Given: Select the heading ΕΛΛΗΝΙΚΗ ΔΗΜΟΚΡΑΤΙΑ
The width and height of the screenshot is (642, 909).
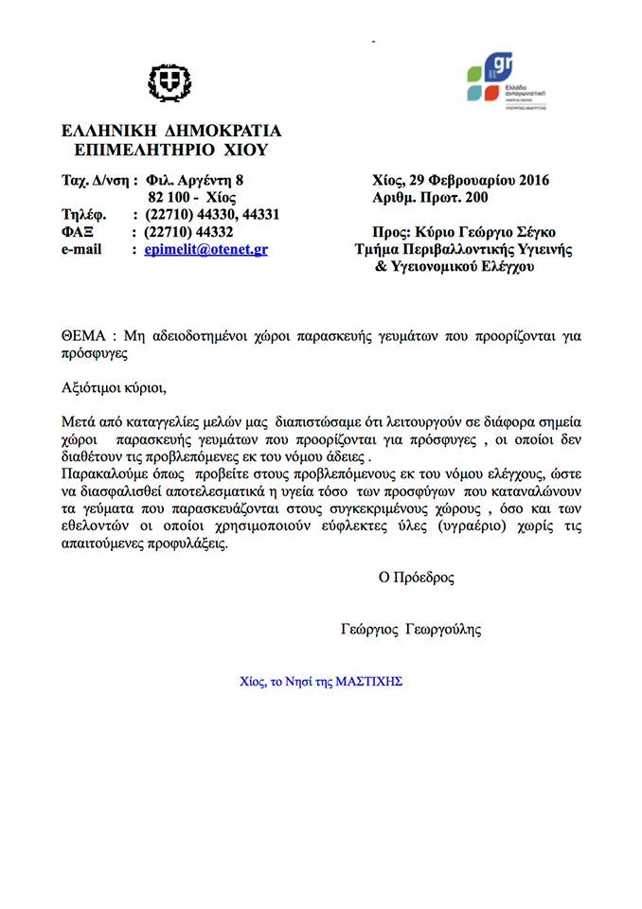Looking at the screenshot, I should tap(170, 132).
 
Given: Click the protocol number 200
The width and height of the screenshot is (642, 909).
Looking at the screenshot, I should tap(477, 198).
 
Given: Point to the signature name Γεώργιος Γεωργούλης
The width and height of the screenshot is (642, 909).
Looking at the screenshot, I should tap(416, 629).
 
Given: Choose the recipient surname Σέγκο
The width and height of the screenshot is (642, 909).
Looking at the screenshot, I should tap(534, 233).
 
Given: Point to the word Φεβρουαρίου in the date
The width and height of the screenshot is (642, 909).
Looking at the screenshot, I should tap(470, 180).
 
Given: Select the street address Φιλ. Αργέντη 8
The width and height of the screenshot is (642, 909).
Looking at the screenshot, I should tap(195, 180).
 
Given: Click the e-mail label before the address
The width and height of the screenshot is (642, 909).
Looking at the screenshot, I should tap(81, 251).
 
